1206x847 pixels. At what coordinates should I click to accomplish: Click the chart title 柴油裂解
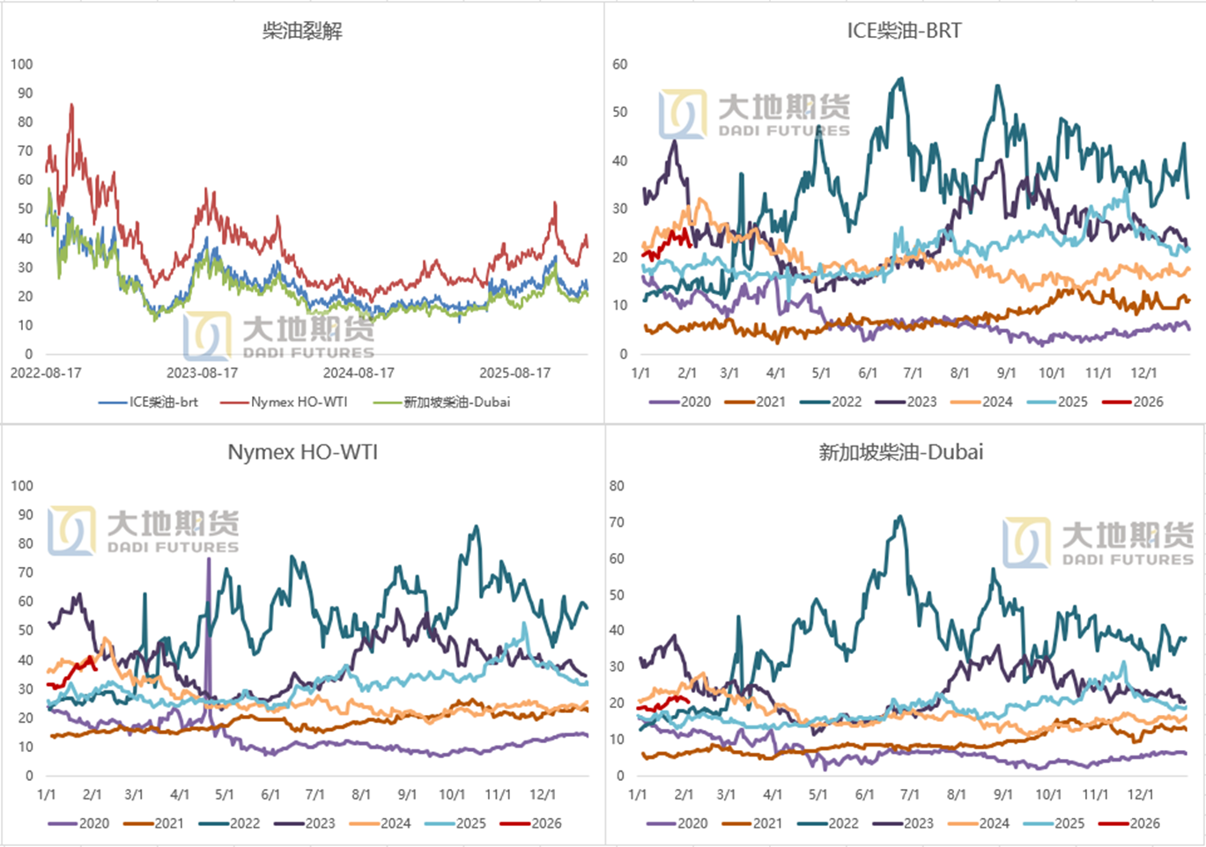point(302,32)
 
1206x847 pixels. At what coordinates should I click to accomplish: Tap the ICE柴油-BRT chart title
point(904,31)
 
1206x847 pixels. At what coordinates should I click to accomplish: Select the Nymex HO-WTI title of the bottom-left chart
point(302,453)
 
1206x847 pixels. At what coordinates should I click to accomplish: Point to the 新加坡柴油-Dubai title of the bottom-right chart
point(900,453)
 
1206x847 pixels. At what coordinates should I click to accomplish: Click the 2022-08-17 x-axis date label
point(46,373)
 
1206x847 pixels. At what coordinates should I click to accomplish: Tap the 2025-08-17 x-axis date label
point(514,373)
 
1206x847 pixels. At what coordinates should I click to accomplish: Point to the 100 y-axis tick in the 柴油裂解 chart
point(22,64)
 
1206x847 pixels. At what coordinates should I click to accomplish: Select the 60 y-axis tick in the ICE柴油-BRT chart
point(620,64)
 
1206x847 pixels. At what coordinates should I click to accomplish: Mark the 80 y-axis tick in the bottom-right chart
point(617,486)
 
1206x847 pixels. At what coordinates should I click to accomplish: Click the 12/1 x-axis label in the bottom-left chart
point(543,795)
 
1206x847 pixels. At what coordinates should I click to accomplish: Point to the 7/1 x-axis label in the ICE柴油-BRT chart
point(913,373)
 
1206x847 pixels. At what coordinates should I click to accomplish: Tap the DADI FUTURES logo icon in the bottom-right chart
point(1026,541)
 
